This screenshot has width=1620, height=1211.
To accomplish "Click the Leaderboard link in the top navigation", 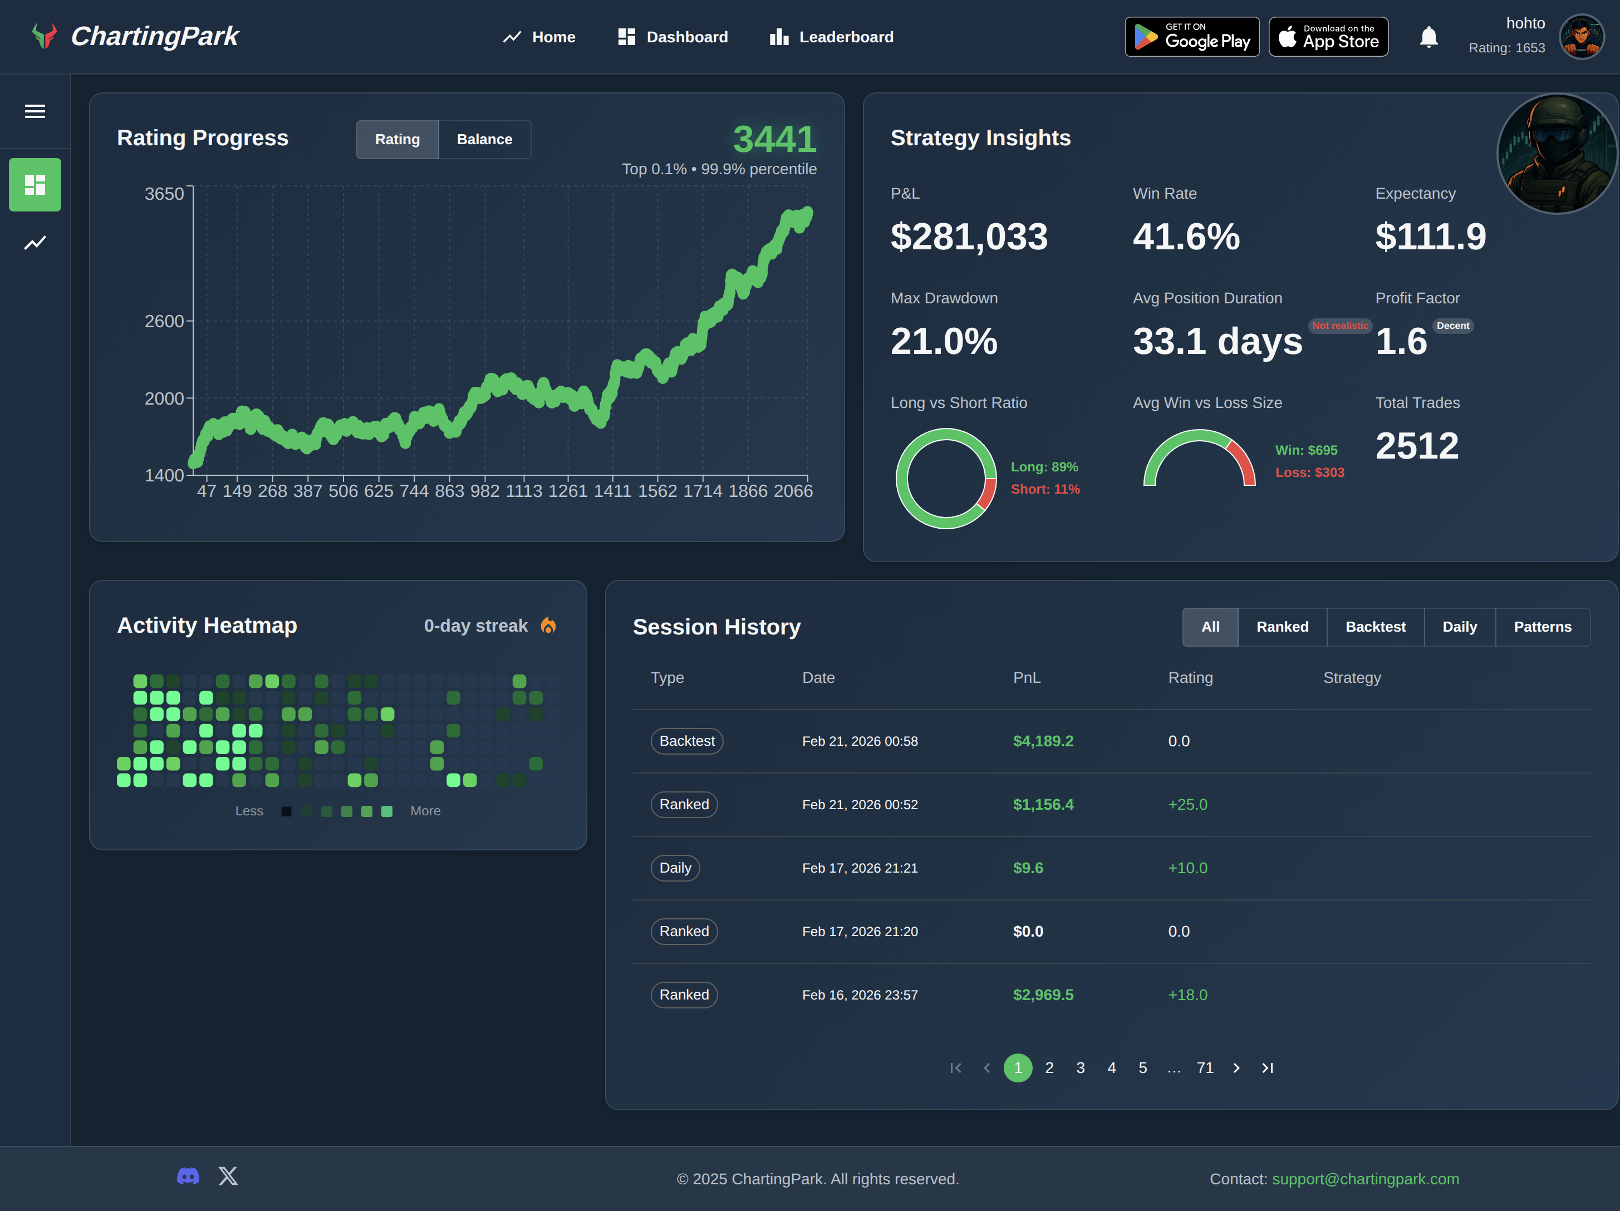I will [831, 37].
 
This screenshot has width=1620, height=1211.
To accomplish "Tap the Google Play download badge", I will [1191, 37].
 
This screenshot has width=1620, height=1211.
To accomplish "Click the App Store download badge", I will [1328, 37].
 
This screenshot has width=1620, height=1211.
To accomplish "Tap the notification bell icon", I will [1428, 37].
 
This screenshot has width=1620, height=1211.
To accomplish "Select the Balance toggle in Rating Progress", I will [484, 139].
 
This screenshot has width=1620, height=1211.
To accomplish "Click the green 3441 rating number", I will [774, 139].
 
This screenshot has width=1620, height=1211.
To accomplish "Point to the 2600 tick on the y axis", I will [165, 322].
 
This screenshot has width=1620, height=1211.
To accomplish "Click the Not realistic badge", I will [1339, 326].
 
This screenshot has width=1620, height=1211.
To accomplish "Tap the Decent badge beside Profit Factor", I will [1452, 326].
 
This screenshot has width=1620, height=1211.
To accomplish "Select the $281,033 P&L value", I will [969, 237].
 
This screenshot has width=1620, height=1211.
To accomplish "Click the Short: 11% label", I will [1045, 489].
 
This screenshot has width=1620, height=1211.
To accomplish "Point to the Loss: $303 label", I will [1309, 473].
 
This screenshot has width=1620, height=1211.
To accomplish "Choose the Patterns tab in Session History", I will [1543, 627].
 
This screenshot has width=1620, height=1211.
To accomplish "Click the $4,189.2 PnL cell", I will [1043, 741].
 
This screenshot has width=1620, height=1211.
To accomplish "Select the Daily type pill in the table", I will [675, 868].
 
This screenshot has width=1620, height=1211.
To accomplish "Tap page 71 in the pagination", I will [1205, 1068].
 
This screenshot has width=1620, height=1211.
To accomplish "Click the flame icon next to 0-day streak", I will [548, 626].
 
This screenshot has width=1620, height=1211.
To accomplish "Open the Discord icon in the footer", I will [188, 1176].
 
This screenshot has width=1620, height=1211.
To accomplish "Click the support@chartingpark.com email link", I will [1365, 1179].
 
